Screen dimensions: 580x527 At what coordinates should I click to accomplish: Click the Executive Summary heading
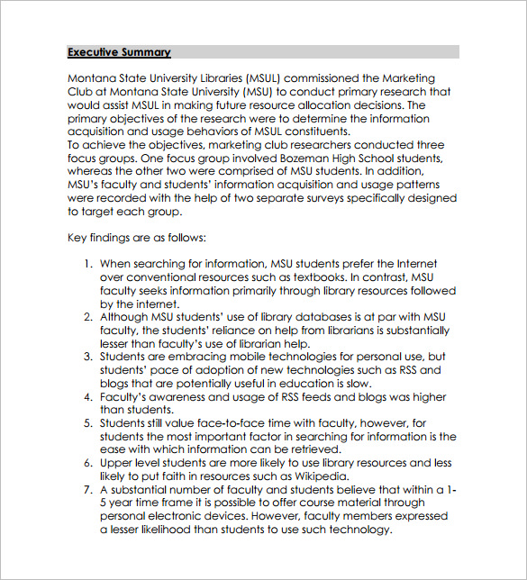click(x=119, y=52)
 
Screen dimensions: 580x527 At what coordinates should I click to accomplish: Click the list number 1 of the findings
click(x=88, y=264)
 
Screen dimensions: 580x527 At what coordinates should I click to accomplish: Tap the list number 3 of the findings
click(x=88, y=357)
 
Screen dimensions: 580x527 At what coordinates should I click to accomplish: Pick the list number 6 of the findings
click(x=88, y=463)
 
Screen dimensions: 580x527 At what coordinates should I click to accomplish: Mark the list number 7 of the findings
click(x=88, y=489)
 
